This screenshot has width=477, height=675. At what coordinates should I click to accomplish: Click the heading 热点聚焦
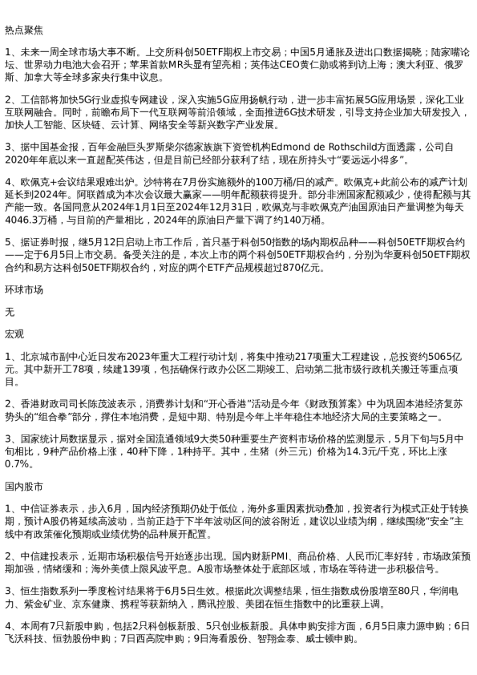tap(24, 30)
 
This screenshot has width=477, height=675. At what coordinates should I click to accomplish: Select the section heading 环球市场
tap(24, 289)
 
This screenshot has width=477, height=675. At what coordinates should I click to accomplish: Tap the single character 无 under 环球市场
tap(10, 311)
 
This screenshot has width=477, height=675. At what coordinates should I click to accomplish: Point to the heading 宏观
tap(14, 333)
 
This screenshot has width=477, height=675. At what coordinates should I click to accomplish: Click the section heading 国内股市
tap(24, 486)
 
